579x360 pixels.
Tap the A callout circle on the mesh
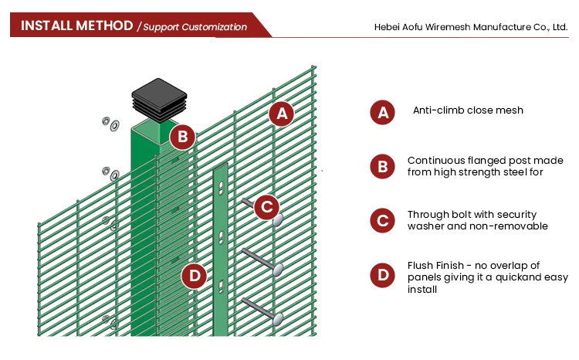coord(281,114)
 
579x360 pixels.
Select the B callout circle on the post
coord(182,138)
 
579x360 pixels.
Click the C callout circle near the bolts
coord(266,206)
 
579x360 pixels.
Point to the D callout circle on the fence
coord(195,275)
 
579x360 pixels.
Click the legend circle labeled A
coord(382,112)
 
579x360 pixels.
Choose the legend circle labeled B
coord(382,166)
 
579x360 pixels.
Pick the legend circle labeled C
coord(382,220)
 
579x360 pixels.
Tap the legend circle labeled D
coord(382,276)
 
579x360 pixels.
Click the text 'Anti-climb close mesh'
coord(468,110)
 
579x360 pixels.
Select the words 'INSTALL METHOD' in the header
coord(77,25)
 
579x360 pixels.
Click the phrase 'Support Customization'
coord(195,27)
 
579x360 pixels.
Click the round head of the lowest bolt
coord(277,318)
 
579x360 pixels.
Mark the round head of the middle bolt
coord(278,269)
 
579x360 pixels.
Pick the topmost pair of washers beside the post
coord(110,123)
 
